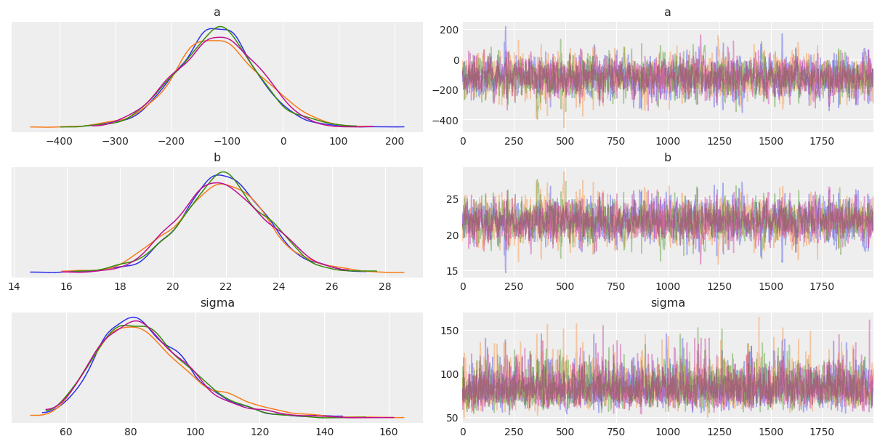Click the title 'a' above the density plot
(x=217, y=12)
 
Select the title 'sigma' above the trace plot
(x=668, y=303)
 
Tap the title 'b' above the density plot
(x=217, y=158)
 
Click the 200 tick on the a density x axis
(x=395, y=141)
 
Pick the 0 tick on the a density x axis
(x=283, y=141)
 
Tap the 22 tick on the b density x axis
(x=226, y=286)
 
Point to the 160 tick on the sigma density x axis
(x=388, y=432)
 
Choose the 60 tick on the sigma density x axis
(x=66, y=432)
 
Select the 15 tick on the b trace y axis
(x=452, y=271)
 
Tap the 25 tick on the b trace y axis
(x=452, y=199)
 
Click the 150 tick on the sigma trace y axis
(x=448, y=331)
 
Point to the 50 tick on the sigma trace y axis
(x=451, y=417)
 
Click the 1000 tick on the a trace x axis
(x=668, y=141)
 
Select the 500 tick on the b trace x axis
(x=565, y=286)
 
